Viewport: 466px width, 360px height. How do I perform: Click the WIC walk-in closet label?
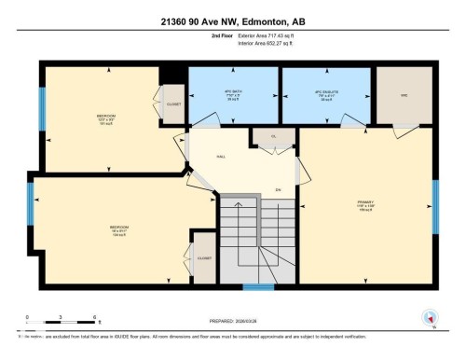click(x=404, y=94)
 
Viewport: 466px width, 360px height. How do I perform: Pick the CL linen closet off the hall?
click(x=266, y=135)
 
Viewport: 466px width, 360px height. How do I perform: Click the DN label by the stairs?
click(x=280, y=189)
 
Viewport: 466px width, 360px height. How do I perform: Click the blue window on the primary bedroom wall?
click(x=434, y=204)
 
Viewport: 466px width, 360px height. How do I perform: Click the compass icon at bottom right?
click(x=430, y=318)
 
